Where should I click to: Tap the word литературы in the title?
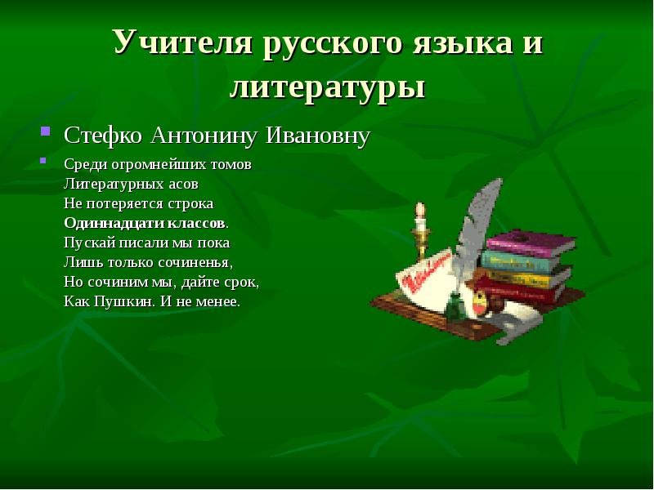pos(328,87)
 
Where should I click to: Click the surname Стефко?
pos(103,136)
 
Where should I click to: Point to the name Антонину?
pos(203,136)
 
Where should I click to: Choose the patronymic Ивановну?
pos(318,136)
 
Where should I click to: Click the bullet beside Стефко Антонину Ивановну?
pos(46,131)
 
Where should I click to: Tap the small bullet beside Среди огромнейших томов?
pos(43,160)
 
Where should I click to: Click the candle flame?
pos(420,208)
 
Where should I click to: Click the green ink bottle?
pos(455,307)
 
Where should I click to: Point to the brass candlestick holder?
pos(421,242)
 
